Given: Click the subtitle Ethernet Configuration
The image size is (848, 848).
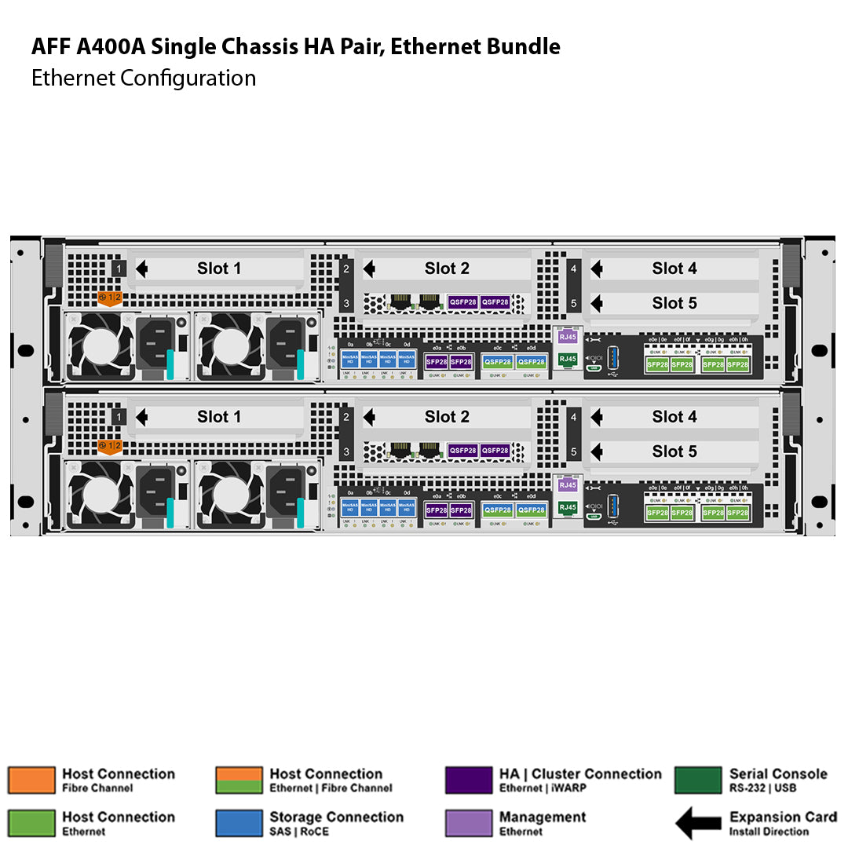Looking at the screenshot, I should [144, 78].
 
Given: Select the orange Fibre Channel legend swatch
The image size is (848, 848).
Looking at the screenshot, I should [31, 780].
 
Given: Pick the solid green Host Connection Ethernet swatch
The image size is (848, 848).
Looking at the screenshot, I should [31, 823].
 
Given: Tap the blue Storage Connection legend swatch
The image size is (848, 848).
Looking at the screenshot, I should [239, 823].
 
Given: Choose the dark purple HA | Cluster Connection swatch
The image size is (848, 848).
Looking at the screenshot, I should [468, 780].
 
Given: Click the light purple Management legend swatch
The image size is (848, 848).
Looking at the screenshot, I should [468, 823].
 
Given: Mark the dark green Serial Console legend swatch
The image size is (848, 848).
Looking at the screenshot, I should [697, 780].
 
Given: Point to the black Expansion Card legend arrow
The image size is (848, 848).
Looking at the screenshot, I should [698, 824].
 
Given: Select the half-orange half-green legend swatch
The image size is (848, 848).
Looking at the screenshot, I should [239, 780].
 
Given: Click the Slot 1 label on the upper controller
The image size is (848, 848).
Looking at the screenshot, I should [219, 269].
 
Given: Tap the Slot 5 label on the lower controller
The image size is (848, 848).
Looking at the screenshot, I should [674, 451].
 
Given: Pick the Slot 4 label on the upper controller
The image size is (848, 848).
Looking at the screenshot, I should [674, 269].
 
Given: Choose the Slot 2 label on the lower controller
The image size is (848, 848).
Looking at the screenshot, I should [447, 417].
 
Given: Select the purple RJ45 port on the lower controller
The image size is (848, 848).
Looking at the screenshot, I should [567, 485].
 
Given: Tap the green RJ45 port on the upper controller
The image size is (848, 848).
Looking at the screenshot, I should [567, 359].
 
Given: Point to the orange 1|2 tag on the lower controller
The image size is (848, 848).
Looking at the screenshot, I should [109, 447].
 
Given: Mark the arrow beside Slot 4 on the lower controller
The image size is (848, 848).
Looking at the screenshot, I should [597, 417].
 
